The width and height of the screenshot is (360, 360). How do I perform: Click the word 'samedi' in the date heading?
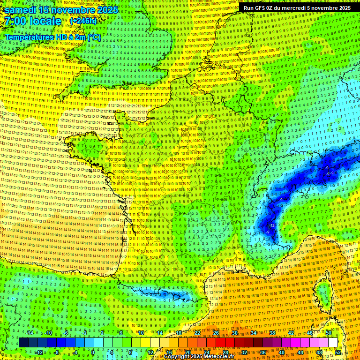(22, 9)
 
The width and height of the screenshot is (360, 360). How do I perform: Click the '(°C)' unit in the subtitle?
(94, 37)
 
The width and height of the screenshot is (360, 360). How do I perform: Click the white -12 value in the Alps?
(272, 225)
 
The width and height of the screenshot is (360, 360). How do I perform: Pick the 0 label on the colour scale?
(92, 352)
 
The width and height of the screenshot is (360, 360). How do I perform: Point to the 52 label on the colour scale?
(338, 352)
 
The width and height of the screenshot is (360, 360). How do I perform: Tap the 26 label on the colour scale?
(216, 333)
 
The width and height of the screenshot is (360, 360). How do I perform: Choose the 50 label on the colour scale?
(329, 333)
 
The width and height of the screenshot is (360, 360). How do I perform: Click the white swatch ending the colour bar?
(333, 343)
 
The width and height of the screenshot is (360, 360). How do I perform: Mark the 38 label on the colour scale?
(272, 333)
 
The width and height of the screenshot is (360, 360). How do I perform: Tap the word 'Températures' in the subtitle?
(29, 37)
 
